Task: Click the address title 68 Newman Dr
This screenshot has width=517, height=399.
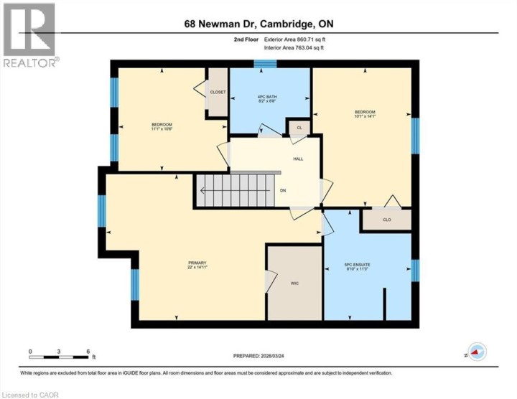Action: pyautogui.click(x=258, y=24)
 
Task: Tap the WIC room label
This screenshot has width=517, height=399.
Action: pyautogui.click(x=294, y=284)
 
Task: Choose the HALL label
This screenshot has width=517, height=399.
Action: pyautogui.click(x=297, y=159)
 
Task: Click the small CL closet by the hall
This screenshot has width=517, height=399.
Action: pyautogui.click(x=299, y=128)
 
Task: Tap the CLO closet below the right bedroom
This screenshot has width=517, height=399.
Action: pyautogui.click(x=386, y=220)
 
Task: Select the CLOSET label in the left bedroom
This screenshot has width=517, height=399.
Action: pyautogui.click(x=218, y=93)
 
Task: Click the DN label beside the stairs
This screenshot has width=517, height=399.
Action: pyautogui.click(x=283, y=191)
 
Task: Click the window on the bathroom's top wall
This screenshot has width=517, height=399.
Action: pyautogui.click(x=266, y=64)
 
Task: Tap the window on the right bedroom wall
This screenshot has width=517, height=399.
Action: pyautogui.click(x=414, y=135)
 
